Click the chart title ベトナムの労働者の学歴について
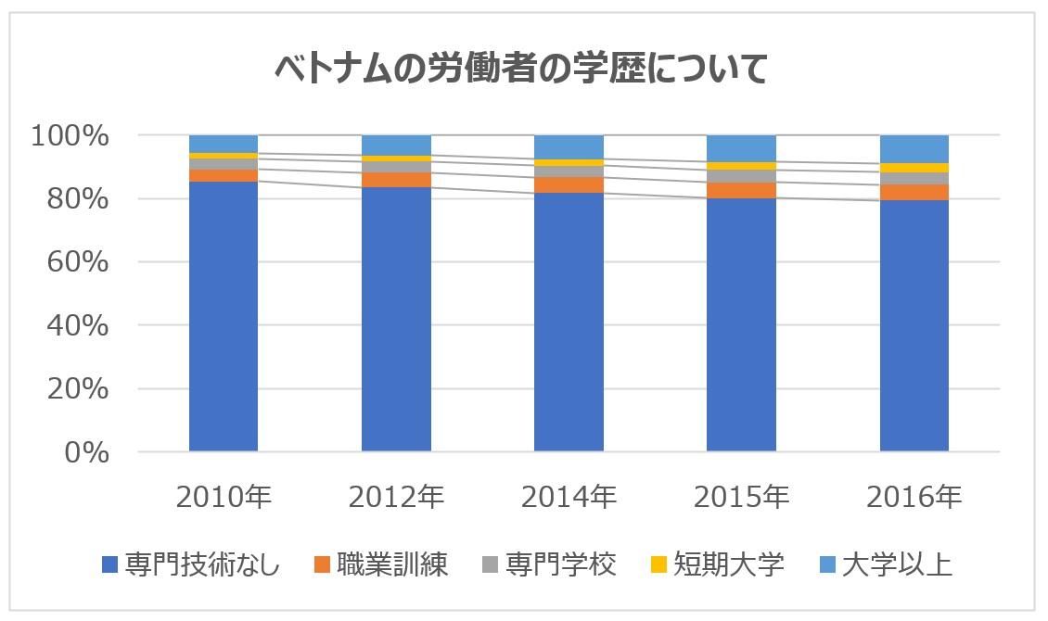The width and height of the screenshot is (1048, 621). [x=521, y=69]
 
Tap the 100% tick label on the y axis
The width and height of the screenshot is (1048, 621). [x=70, y=135]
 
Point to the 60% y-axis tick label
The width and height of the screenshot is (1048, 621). [x=78, y=261]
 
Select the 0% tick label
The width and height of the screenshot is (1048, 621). [x=86, y=452]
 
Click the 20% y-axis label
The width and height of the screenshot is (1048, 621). [x=78, y=388]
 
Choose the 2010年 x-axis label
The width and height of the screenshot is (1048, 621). [x=224, y=497]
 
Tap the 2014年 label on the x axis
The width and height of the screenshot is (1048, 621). [x=569, y=497]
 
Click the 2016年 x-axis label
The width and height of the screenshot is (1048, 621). [x=914, y=497]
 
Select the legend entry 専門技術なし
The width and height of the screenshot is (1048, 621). [x=191, y=564]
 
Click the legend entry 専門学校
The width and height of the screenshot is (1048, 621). [x=549, y=564]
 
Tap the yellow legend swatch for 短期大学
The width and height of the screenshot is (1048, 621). [x=659, y=564]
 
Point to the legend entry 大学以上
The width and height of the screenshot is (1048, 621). [x=886, y=564]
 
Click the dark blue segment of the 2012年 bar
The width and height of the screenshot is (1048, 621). [x=396, y=319]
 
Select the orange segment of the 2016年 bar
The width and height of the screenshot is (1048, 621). [x=914, y=192]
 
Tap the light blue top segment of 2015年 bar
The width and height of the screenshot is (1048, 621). [x=741, y=148]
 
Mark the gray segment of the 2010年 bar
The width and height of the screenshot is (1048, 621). [x=224, y=164]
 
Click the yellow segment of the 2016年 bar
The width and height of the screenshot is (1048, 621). [x=914, y=168]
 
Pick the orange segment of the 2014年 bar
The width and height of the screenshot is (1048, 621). [x=569, y=185]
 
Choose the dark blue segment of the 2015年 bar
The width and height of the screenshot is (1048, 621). [x=741, y=325]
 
